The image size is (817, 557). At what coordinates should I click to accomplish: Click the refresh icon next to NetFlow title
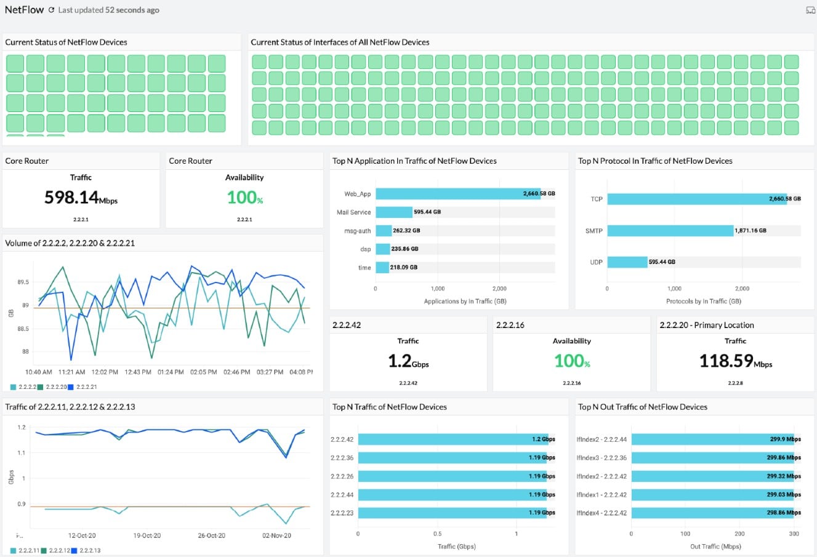[x=52, y=10]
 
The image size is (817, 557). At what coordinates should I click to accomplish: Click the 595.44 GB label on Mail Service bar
[x=427, y=212]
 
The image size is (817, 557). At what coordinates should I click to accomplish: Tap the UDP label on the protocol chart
[x=596, y=262]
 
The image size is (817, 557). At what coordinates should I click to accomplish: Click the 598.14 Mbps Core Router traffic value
[x=80, y=198]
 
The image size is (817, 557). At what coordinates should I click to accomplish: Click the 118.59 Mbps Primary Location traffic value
[x=735, y=361]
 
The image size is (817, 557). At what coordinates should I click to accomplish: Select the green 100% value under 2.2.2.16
[x=572, y=361]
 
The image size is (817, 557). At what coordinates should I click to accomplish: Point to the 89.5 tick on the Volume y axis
[x=23, y=283]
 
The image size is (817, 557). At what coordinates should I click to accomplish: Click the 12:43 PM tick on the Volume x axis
[x=137, y=372]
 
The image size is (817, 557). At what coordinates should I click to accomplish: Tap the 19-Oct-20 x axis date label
[x=147, y=535]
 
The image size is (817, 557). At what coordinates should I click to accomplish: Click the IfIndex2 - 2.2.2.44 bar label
[x=602, y=439]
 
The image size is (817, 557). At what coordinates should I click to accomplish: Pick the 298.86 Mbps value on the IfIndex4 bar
[x=785, y=513]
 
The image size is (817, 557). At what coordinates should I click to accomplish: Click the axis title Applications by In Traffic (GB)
[x=465, y=302]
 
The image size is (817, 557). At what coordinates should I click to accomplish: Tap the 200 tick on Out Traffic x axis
[x=739, y=534]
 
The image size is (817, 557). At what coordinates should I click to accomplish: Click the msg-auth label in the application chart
[x=357, y=231]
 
